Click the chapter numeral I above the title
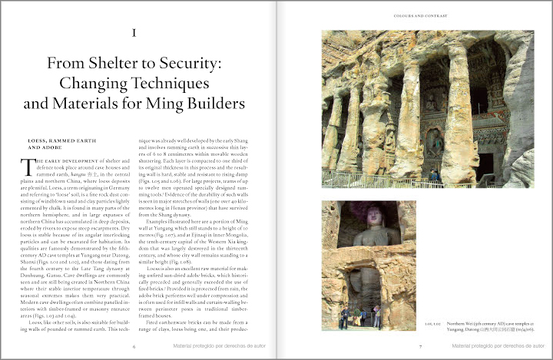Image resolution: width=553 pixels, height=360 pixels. tap(134, 33)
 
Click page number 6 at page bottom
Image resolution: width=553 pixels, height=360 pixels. tap(134, 346)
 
